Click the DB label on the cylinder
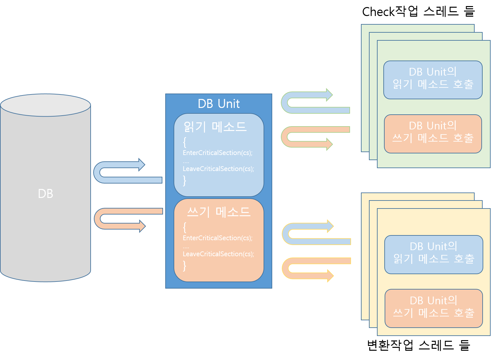pos(45,194)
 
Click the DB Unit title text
pos(219,104)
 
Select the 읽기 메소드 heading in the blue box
pos(215,127)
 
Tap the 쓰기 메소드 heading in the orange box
pos(218,212)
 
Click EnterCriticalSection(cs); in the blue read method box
pos(217,153)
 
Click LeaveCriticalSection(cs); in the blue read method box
pos(218,169)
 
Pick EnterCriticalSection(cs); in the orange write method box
pos(217,238)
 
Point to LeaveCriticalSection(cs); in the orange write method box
pos(218,254)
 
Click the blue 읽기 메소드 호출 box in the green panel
pos(433,80)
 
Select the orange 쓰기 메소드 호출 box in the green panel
pos(433,134)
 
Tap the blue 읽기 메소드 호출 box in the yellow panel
pos(434,255)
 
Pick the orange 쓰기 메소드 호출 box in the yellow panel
pos(434,308)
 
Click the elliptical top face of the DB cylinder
pos(45,105)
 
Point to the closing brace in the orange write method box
pos(184,266)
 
